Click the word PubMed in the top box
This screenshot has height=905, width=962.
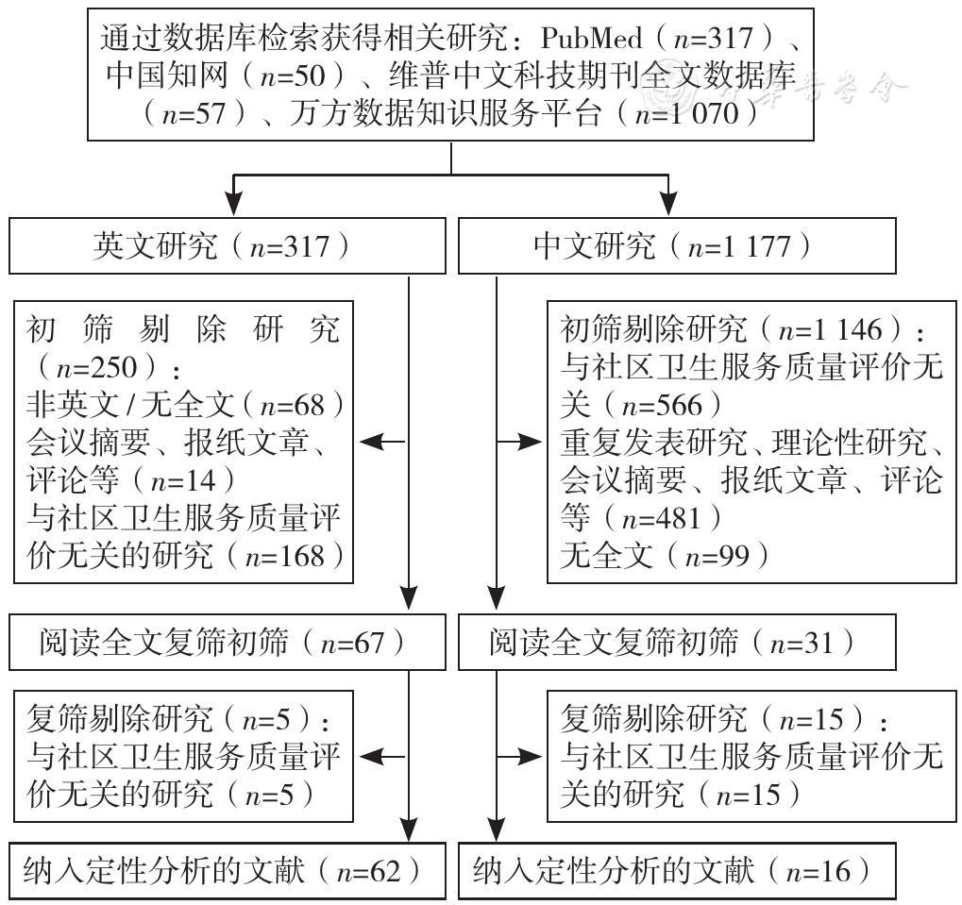(x=591, y=39)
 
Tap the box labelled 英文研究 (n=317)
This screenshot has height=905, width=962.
(x=227, y=246)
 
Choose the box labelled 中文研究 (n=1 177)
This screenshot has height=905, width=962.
(x=677, y=246)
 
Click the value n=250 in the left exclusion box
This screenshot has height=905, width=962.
(x=96, y=368)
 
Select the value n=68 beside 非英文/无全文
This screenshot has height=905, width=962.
(x=293, y=406)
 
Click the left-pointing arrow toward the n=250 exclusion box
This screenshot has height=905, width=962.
(x=382, y=442)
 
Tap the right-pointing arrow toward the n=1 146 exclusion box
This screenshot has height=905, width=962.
(x=519, y=442)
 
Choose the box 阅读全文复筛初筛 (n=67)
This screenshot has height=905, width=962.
(x=227, y=643)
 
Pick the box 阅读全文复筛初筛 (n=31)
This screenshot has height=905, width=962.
(x=677, y=643)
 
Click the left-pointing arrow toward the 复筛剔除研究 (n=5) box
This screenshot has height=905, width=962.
(x=382, y=757)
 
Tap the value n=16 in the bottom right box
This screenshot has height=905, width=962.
(x=819, y=872)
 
